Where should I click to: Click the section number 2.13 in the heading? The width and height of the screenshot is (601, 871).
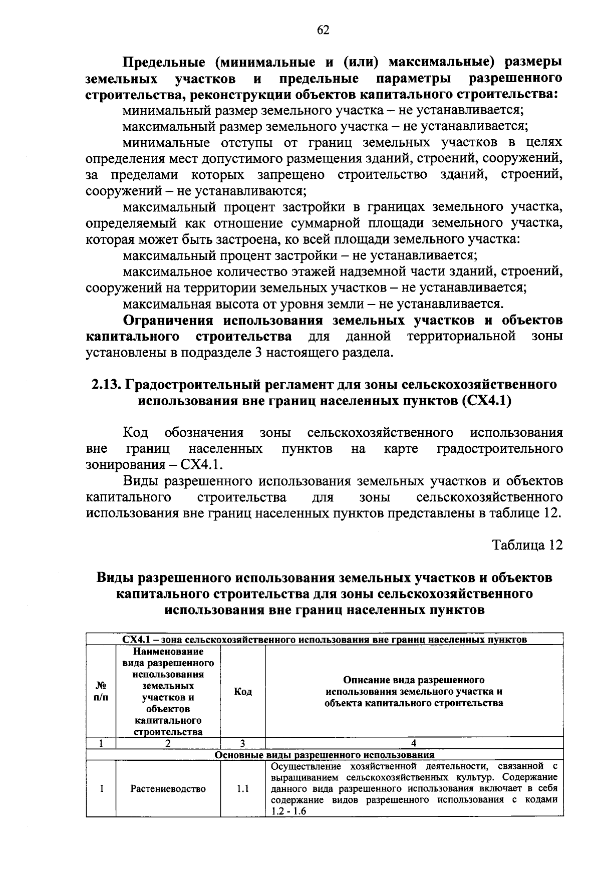click(x=105, y=385)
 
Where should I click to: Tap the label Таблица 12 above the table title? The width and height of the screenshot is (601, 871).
click(x=527, y=545)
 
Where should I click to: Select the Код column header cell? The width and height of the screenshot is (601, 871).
click(x=243, y=692)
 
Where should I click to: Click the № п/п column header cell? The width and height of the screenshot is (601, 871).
click(x=101, y=692)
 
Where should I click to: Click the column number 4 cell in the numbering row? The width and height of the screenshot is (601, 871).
click(x=414, y=743)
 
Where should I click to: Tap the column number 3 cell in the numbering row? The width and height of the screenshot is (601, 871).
click(x=243, y=743)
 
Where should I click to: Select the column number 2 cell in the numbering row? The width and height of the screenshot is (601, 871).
click(x=168, y=743)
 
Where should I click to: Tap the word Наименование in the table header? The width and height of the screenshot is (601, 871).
click(x=168, y=652)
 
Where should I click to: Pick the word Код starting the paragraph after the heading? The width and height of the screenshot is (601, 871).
click(x=135, y=432)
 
